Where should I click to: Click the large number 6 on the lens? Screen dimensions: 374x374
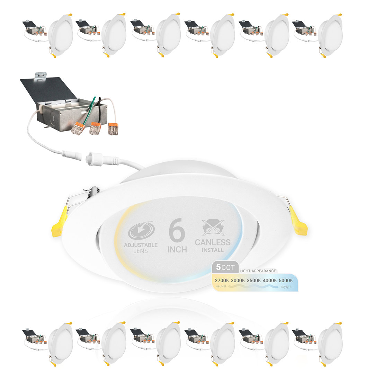tap(177, 233)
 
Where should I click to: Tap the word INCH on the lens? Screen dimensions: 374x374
tap(177, 249)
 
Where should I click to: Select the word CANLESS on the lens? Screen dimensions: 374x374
tap(213, 242)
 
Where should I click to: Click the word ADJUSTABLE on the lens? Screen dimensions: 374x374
tap(140, 245)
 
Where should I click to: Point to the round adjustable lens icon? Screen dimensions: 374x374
tap(141, 231)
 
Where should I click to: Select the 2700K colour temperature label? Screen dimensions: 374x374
tap(222, 280)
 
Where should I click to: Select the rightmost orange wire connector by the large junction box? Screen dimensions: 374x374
tap(113, 129)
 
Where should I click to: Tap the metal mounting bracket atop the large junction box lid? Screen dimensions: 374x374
tap(41, 75)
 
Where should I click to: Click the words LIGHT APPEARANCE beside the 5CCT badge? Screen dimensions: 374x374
tap(258, 271)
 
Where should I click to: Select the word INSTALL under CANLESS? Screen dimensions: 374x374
tap(213, 250)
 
